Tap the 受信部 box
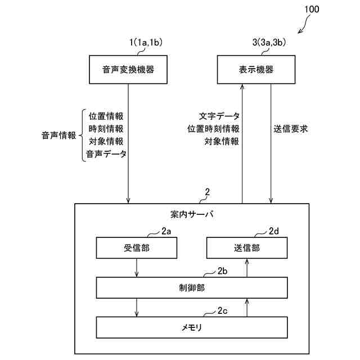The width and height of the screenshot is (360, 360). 137,247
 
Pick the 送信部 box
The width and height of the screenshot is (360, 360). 247,247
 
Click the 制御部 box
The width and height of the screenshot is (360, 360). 192,288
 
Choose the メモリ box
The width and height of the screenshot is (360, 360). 192,327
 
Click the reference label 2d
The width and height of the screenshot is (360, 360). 274,231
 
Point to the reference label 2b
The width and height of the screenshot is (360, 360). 222,272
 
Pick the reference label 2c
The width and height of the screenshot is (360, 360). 222,310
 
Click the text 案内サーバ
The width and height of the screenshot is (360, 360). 192,214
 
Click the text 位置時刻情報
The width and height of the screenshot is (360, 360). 213,129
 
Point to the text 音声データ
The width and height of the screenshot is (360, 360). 106,154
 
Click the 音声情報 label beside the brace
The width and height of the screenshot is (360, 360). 58,135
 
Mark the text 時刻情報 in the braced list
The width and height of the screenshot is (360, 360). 106,129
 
